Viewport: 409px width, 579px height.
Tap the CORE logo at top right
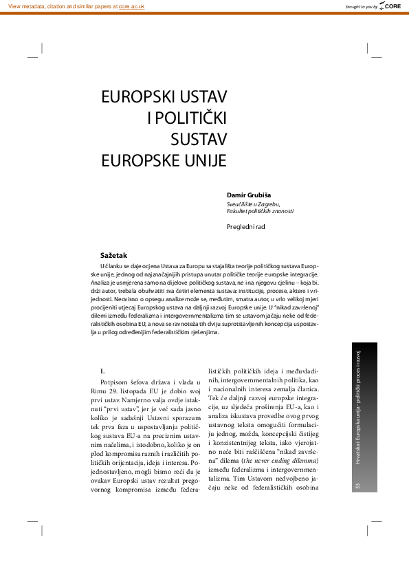(391, 6)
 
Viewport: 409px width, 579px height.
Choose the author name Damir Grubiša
(252, 195)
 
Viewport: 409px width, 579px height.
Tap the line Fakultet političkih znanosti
(260, 212)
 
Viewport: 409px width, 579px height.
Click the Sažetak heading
(113, 254)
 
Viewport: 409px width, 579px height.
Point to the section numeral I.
(102, 371)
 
